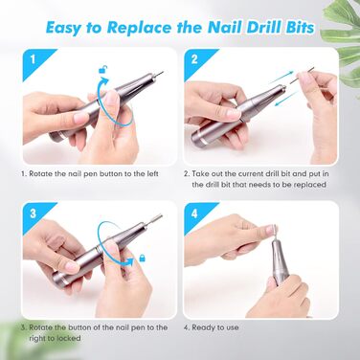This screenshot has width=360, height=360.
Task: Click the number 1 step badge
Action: tap(33, 59)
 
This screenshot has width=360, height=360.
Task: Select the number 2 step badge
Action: tap(194, 59)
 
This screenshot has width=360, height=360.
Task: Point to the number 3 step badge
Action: tap(33, 214)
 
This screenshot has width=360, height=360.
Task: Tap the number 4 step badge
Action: tap(194, 214)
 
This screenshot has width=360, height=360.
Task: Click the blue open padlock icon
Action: tap(103, 70)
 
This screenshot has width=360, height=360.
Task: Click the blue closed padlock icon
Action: tap(143, 258)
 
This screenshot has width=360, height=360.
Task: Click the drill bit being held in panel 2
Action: tap(303, 75)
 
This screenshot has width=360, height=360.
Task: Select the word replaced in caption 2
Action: tap(310, 185)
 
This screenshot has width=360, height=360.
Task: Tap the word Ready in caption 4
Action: tap(203, 327)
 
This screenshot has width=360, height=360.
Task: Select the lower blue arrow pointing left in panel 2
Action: tap(286, 98)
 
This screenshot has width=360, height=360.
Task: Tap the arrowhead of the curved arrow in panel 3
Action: tap(130, 261)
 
